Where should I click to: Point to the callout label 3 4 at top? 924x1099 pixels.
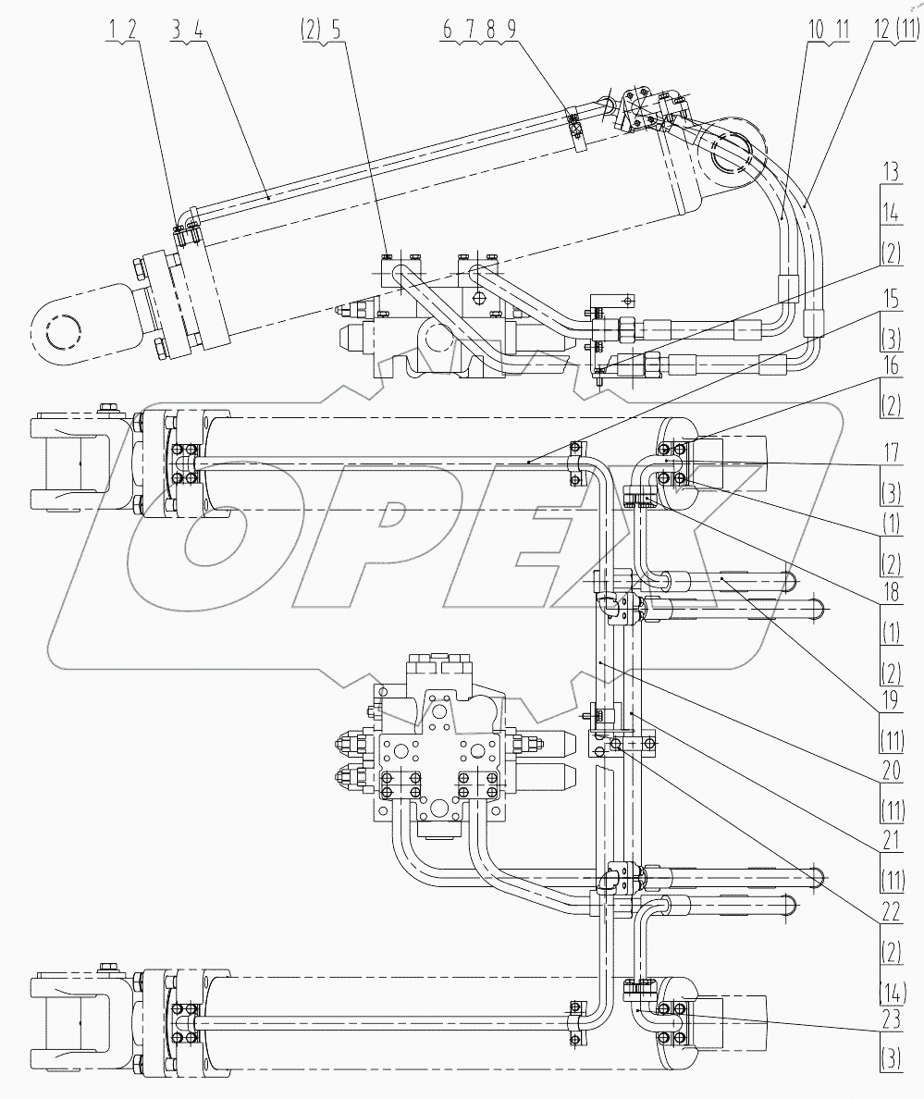click(188, 29)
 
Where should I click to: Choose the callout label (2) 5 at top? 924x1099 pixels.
click(321, 29)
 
